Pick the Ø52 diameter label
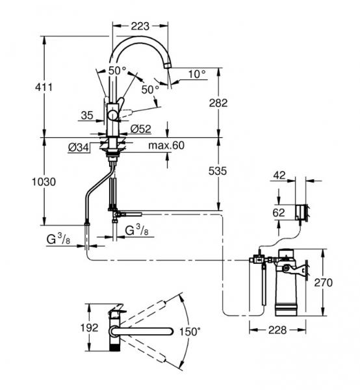tap(140, 129)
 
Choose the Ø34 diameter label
tap(77, 146)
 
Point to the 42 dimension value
tap(280, 175)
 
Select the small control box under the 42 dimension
tap(301, 211)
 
